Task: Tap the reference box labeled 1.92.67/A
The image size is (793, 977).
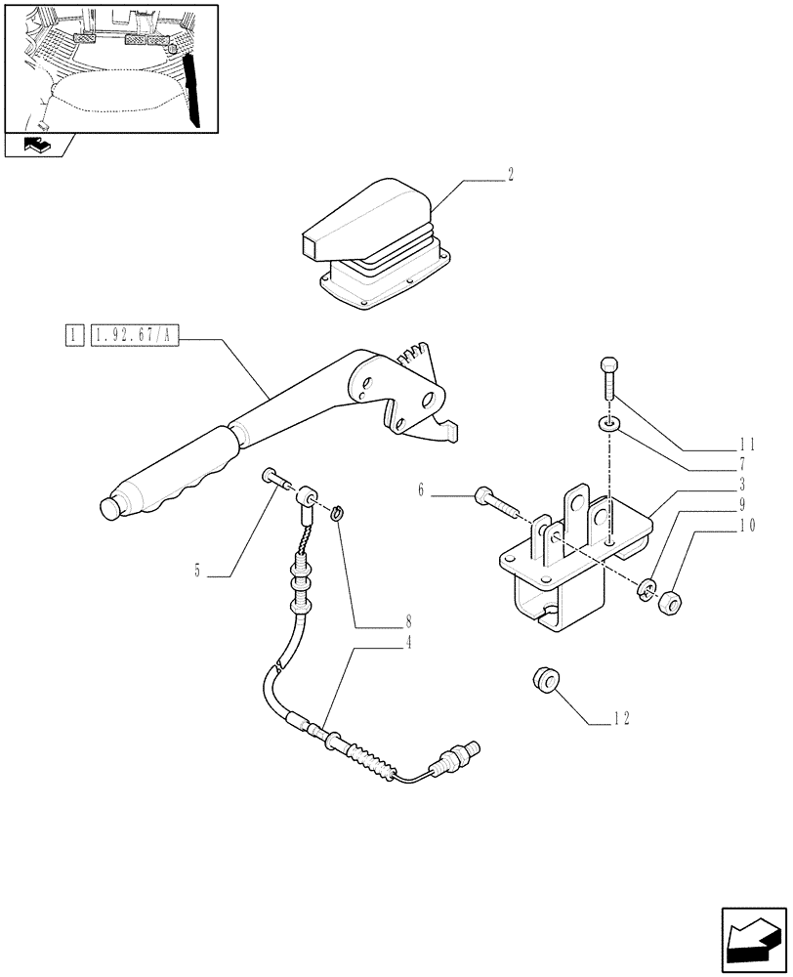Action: coord(135,338)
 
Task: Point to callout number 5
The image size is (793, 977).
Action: coord(198,572)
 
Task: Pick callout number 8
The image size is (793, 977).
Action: coord(408,620)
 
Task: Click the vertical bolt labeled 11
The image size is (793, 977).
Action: coord(608,375)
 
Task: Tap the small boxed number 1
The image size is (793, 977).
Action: coord(72,338)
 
